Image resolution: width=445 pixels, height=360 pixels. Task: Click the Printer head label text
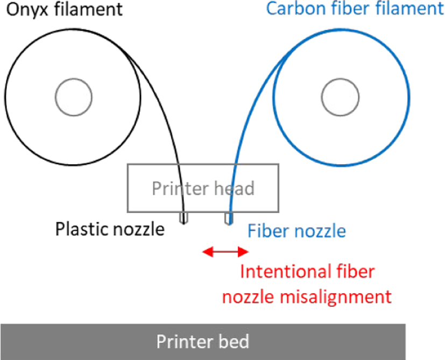(x=203, y=188)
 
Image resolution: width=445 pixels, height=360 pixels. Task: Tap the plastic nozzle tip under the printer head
(x=183, y=218)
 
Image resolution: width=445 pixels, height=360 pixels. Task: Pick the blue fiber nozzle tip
(x=229, y=218)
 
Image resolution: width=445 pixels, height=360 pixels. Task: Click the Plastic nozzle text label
(x=110, y=229)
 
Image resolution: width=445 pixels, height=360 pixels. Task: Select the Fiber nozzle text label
(x=297, y=230)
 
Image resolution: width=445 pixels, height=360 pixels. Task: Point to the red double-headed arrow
(x=225, y=251)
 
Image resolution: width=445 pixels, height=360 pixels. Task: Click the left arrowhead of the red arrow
(x=208, y=251)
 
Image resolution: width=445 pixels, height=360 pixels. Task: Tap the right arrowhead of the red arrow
(x=244, y=251)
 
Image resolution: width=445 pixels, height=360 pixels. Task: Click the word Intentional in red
(x=286, y=271)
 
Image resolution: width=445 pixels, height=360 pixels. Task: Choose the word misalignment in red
(x=336, y=297)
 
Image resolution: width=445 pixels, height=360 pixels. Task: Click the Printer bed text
(x=203, y=341)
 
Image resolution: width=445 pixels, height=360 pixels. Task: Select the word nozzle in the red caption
(x=249, y=297)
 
